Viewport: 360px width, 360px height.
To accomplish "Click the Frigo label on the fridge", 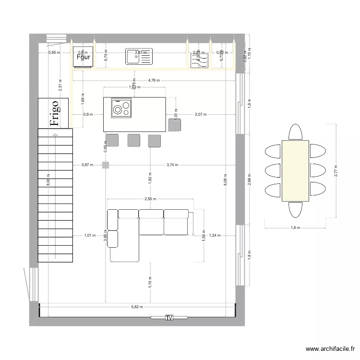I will [55, 113].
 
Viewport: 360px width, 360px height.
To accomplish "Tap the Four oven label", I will [84, 57].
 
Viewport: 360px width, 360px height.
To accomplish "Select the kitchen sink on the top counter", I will [139, 57].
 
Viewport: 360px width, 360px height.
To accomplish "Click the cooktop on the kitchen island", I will [121, 108].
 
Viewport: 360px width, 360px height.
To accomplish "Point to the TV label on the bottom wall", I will [169, 318].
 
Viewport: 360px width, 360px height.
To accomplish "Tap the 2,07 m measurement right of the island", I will [201, 115].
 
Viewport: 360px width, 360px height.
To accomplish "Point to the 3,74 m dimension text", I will [172, 165].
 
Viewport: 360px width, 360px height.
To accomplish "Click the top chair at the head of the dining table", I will [295, 132].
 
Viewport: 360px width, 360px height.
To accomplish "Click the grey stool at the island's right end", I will [175, 125].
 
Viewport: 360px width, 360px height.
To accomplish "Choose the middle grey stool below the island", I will [133, 140].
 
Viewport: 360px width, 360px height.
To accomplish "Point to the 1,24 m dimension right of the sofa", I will [215, 235].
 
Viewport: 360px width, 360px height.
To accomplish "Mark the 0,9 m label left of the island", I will [88, 115].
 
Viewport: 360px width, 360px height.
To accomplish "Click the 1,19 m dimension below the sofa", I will [150, 283].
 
